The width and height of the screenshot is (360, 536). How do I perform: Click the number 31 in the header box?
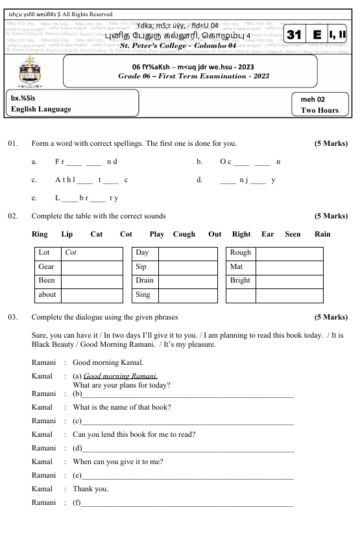coord(294,35)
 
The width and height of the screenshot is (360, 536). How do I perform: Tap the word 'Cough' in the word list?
coord(184,234)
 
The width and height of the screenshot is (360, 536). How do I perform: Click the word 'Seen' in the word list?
coord(293,234)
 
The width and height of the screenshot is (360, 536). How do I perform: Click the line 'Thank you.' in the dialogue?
coord(91,489)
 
